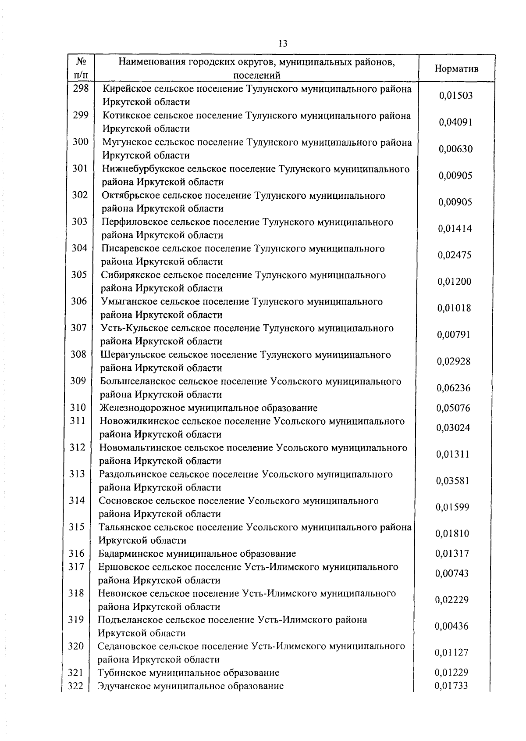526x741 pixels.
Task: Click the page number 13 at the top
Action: point(283,43)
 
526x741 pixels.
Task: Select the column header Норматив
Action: point(456,69)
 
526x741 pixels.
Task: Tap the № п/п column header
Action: point(80,68)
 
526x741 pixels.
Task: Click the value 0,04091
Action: point(456,122)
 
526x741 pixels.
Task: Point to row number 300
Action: point(80,142)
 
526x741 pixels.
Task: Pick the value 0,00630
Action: point(456,149)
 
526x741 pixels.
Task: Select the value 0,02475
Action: point(455,255)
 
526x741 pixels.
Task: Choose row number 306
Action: point(79,301)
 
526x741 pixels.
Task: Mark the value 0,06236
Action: point(454,388)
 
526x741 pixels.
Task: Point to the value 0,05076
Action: point(453,408)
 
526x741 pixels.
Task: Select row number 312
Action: point(78,447)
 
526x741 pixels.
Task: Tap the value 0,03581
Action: point(453,481)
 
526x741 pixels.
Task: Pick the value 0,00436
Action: point(452,626)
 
